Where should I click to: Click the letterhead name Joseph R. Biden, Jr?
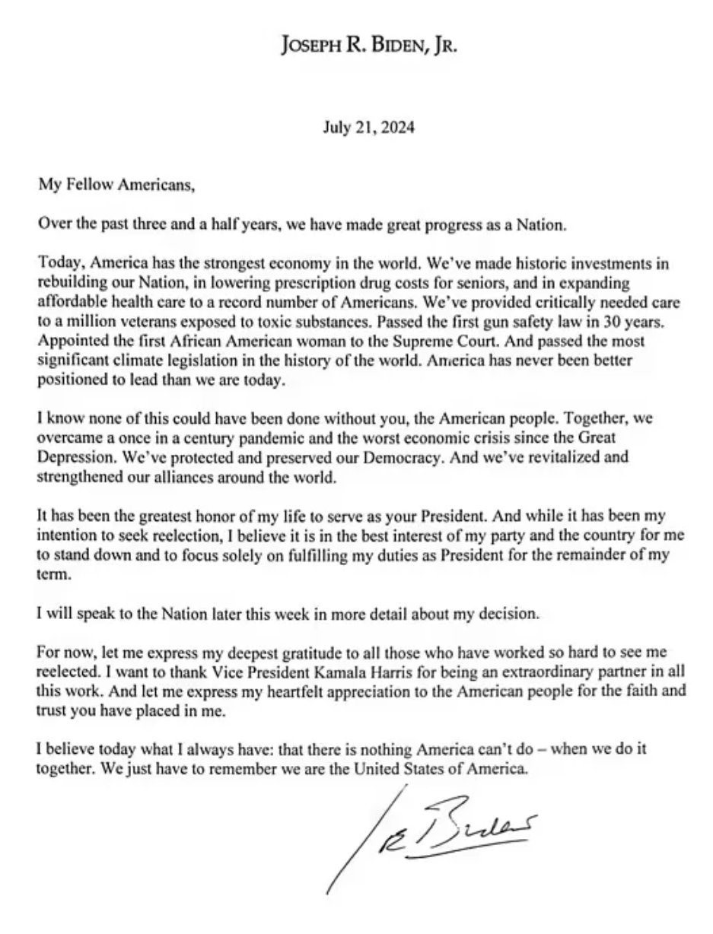click(x=368, y=46)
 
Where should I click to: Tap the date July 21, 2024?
click(x=368, y=127)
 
